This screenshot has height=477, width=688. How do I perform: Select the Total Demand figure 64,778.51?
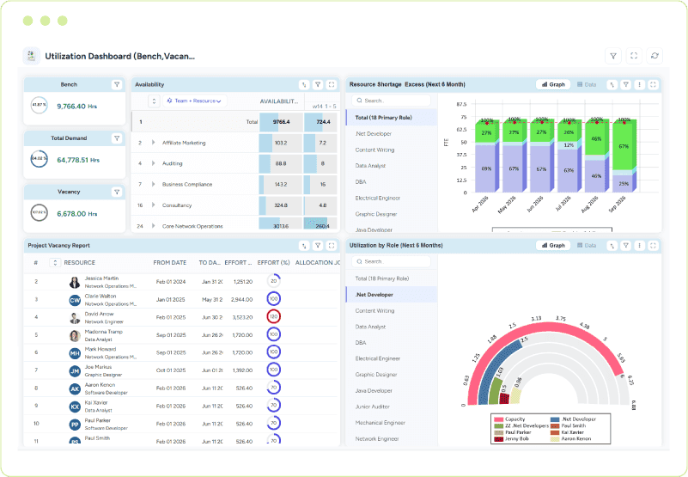[77, 160]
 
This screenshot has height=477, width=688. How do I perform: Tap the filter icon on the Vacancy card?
[116, 192]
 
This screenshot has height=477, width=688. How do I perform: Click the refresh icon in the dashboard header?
[655, 56]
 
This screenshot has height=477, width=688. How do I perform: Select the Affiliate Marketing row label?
[184, 143]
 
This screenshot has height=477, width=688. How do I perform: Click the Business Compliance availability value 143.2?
[280, 185]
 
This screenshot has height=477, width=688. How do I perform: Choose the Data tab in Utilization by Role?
[587, 245]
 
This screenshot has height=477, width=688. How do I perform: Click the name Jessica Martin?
[102, 278]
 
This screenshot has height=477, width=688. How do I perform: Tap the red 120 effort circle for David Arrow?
[274, 317]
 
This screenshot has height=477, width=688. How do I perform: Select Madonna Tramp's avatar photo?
[75, 336]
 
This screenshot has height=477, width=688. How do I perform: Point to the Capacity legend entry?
[514, 419]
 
